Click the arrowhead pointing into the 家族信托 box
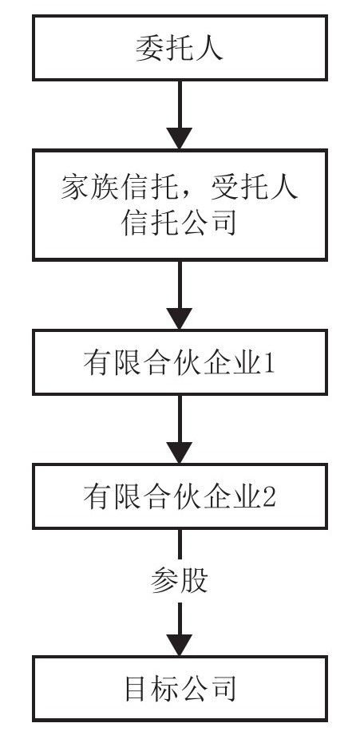(180, 138)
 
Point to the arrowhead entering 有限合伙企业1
(180, 318)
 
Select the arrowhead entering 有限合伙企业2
(180, 452)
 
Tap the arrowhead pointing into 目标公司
(180, 645)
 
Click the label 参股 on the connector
(180, 582)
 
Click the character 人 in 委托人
(208, 48)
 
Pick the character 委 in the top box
(150, 48)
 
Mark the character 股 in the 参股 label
(194, 582)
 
